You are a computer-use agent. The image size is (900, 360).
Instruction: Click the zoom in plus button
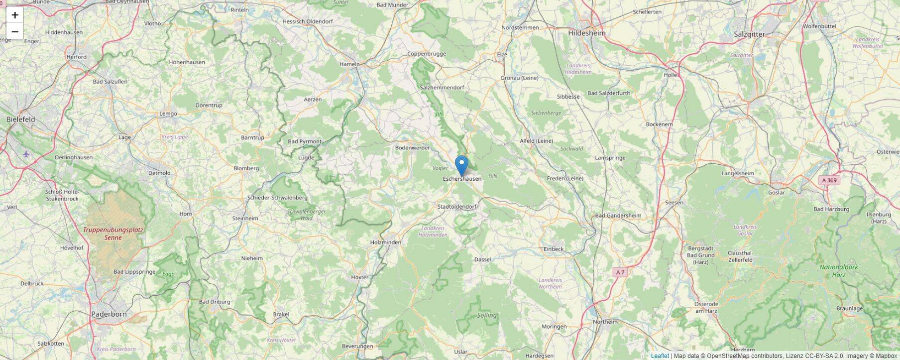point(15,15)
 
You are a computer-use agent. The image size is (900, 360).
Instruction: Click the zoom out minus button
point(15,32)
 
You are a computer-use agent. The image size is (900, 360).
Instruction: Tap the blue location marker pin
point(462,165)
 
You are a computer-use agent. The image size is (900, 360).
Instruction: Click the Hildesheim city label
point(587,33)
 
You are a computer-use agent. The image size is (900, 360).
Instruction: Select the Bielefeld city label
point(20,120)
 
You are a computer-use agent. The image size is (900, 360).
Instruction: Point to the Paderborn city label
point(109,314)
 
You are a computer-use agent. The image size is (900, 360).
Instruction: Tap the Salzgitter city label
point(749,34)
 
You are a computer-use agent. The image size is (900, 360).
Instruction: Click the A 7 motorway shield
point(620,272)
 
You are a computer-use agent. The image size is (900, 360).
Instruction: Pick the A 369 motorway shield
point(829,180)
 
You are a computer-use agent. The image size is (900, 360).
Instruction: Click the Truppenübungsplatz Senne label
point(113,234)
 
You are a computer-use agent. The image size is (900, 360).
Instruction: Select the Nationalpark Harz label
point(839,271)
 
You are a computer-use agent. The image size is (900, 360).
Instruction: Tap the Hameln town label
point(349,64)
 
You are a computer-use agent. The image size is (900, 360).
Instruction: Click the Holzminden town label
point(385,242)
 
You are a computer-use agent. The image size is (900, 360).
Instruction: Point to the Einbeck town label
point(554,249)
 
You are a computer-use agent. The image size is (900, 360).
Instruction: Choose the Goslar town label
point(776,193)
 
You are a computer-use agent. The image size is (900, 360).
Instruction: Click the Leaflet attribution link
point(660,356)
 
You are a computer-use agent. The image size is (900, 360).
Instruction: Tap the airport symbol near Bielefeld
point(26,154)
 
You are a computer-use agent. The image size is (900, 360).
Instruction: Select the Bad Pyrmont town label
point(305,141)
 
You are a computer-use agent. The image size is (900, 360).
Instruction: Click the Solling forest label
point(486,315)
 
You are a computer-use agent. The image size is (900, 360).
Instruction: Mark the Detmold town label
point(159,173)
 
